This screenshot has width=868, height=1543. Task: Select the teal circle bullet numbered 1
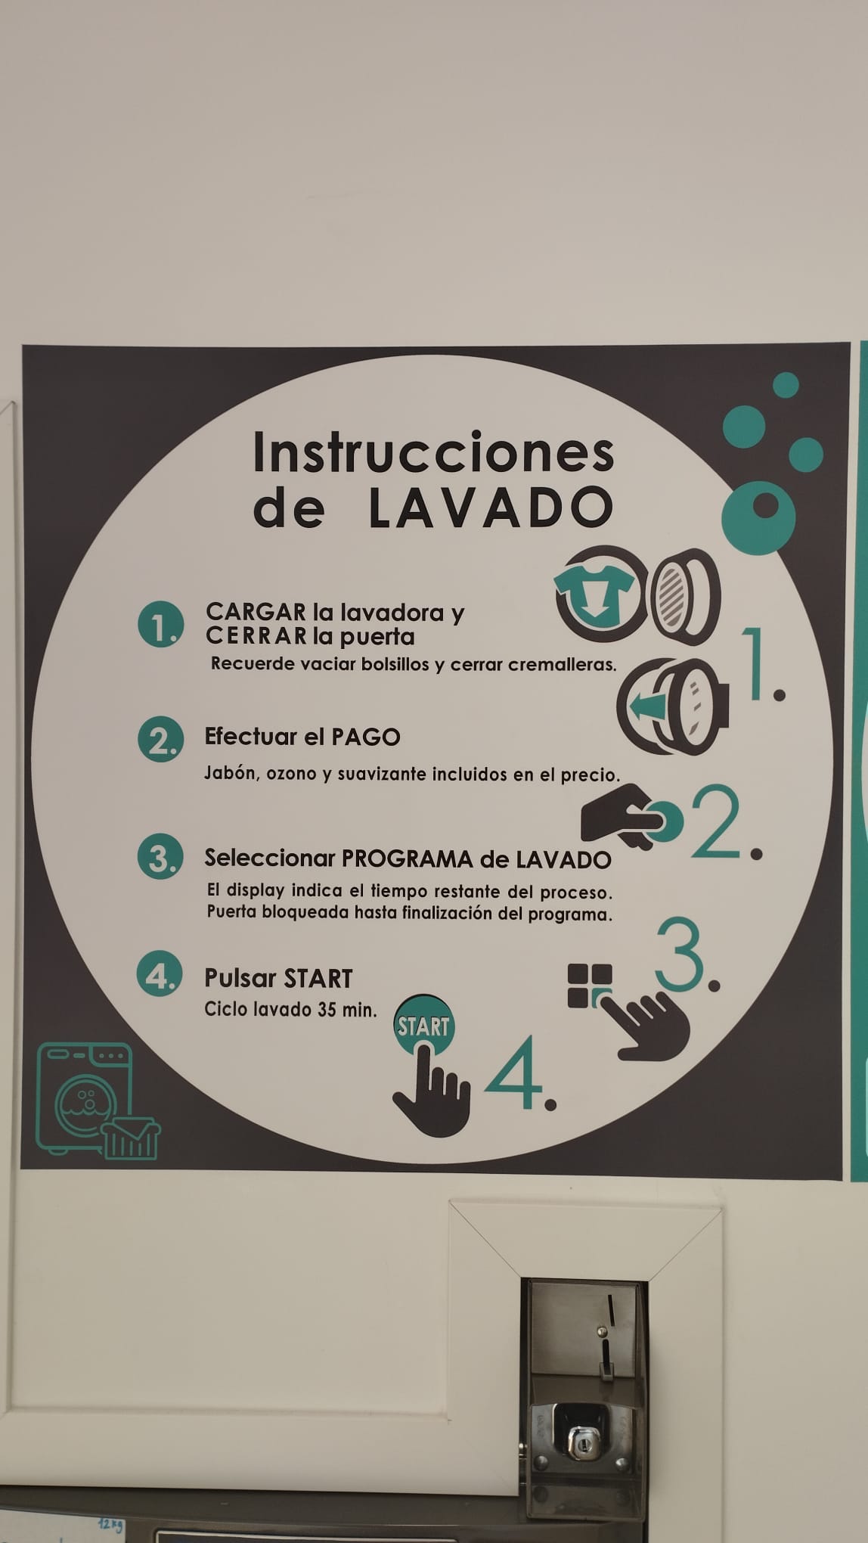coord(160,625)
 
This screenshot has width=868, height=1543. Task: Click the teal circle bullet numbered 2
coord(160,740)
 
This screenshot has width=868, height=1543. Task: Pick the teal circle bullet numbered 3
coord(160,858)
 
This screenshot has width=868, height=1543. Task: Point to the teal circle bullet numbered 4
coord(160,975)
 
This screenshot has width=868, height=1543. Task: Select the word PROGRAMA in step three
coord(408,858)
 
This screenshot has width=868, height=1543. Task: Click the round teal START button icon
coord(423,1026)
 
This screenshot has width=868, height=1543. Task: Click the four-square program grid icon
coord(590,986)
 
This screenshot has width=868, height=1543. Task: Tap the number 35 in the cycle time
coord(327,1010)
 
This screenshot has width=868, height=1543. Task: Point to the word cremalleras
coord(562,665)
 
